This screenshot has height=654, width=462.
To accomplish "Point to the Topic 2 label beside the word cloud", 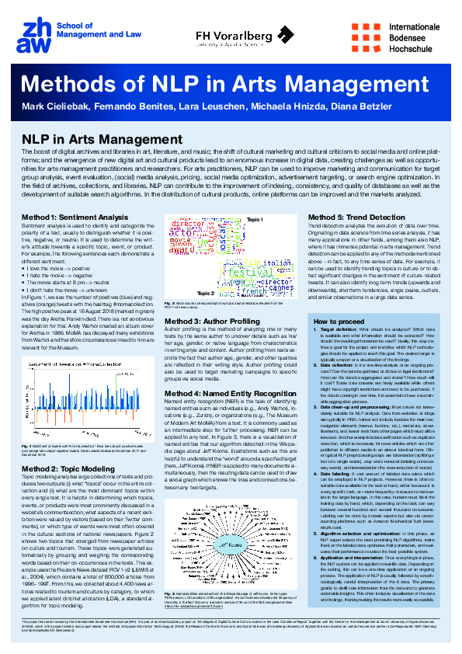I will coord(181,294).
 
